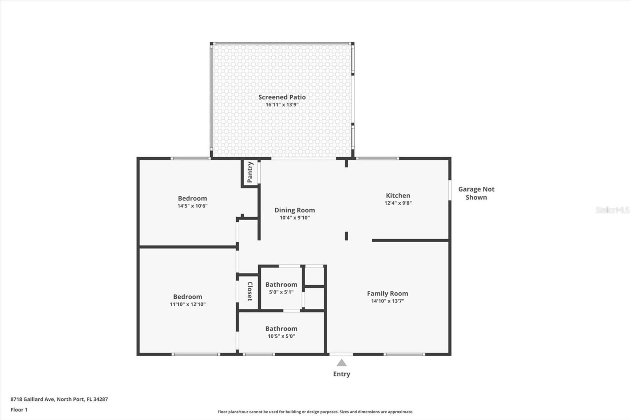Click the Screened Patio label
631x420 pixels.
point(282,97)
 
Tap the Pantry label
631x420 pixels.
point(250,172)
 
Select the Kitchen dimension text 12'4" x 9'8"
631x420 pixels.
point(398,203)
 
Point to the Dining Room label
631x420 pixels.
point(295,210)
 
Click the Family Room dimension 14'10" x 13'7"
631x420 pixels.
point(388,301)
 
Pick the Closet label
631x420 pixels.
point(250,292)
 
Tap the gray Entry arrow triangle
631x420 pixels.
point(342,362)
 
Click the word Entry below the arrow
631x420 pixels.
point(342,374)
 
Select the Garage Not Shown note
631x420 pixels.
point(476,193)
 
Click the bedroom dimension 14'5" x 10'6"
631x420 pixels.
point(192,206)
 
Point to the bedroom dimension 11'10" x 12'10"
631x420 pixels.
point(188,304)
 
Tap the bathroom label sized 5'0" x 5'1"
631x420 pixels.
point(281,284)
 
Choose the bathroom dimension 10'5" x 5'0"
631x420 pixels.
point(282,336)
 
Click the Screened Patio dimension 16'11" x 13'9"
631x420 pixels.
point(282,105)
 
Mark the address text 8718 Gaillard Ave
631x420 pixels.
point(32,399)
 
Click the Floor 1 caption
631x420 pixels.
point(19,410)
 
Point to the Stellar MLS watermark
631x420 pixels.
point(612,210)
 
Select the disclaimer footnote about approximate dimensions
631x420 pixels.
point(315,412)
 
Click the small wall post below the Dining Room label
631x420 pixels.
point(347,236)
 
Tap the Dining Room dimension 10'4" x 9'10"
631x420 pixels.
point(295,217)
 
